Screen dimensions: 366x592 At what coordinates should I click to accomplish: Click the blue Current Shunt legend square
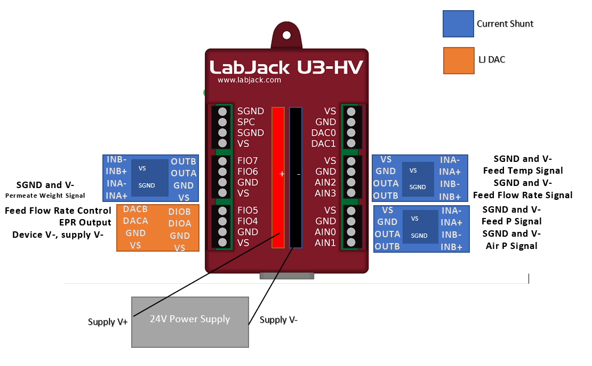458,24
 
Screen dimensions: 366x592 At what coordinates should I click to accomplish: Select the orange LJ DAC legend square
458,60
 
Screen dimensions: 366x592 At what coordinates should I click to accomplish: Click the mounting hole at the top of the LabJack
287,35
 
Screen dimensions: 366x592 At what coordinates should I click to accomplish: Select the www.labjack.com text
249,80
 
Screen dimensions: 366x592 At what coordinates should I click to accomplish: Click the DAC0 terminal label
324,133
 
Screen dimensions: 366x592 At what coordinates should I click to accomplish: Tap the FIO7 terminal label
247,161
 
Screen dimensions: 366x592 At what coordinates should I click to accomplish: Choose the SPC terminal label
246,122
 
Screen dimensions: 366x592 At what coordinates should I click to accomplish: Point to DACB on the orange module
135,209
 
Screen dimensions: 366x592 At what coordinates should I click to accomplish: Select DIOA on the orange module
180,224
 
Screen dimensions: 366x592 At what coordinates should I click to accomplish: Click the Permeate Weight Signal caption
45,196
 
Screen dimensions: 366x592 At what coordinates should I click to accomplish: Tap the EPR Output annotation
85,222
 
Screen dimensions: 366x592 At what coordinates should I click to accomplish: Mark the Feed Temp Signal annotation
523,170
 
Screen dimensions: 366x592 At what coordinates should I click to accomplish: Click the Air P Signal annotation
511,246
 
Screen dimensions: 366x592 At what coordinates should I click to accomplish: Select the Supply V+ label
108,322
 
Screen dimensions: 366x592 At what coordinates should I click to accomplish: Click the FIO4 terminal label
247,221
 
